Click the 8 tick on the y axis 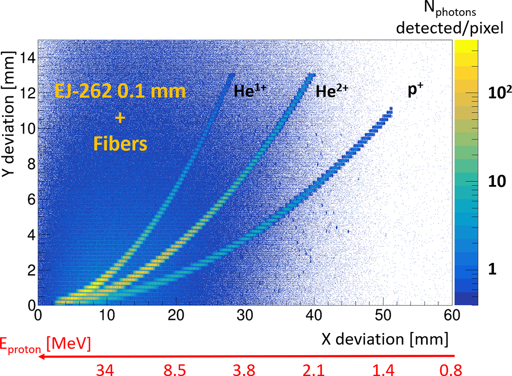point(30,164)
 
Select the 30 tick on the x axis point(245,315)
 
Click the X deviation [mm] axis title point(384,340)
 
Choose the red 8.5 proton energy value point(176,369)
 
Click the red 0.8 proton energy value point(451,369)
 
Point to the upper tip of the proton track point(391,108)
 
